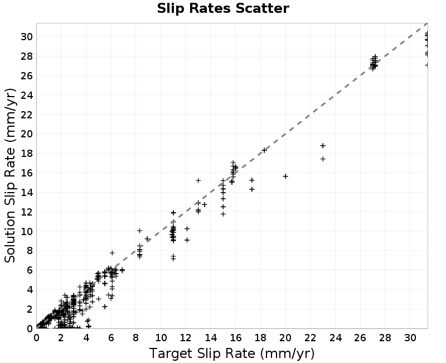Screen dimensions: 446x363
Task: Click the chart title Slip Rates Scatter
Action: tap(223, 8)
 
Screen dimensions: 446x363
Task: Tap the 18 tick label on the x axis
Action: tap(260, 338)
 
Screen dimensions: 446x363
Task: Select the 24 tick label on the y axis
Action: tap(26, 95)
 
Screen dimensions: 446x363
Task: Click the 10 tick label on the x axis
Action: tap(161, 338)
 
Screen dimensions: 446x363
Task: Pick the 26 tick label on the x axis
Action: tap(360, 338)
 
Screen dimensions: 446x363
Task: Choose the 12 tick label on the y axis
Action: tap(26, 212)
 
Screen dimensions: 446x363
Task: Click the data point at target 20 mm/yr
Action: tap(285, 176)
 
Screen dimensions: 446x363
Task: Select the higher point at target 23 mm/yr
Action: tap(323, 146)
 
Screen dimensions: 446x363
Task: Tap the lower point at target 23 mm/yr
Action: tap(323, 159)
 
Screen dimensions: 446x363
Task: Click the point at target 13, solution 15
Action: tap(198, 180)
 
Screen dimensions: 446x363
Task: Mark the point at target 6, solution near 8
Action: tap(113, 253)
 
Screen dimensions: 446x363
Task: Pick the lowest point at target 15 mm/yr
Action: tap(224, 214)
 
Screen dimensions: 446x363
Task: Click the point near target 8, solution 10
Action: tap(140, 231)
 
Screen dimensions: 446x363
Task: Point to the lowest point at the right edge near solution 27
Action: tap(426, 65)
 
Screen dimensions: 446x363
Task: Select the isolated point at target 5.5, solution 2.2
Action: tap(105, 307)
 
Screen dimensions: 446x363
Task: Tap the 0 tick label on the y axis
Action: tap(30, 328)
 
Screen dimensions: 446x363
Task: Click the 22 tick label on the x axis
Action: tap(311, 338)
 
